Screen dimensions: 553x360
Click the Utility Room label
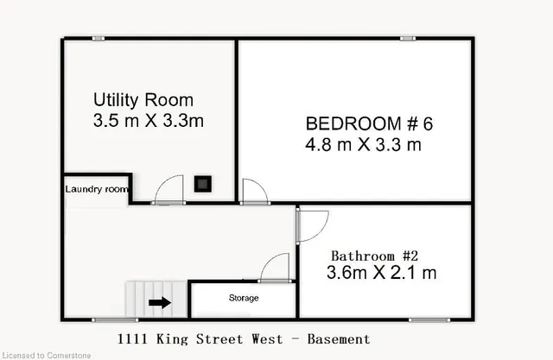coord(143,100)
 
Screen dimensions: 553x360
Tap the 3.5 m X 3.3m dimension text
coord(149,121)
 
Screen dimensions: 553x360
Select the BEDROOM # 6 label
coord(369,123)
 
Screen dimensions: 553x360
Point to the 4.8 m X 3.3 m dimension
coord(363,144)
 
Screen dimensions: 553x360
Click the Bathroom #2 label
coord(374,256)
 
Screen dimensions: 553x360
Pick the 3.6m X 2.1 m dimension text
coord(382,273)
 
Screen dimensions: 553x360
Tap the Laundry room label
coord(97,189)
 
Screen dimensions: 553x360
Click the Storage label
coord(244,298)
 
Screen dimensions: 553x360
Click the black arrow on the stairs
coord(160,302)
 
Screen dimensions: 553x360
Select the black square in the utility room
coord(203,184)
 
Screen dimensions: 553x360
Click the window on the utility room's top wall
coord(99,38)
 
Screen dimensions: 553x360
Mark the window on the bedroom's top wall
coord(408,38)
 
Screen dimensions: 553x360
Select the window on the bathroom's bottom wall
coord(429,320)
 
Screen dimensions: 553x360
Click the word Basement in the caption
coord(339,339)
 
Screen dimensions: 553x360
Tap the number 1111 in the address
coord(132,339)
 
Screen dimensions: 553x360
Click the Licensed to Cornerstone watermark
coord(46,356)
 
